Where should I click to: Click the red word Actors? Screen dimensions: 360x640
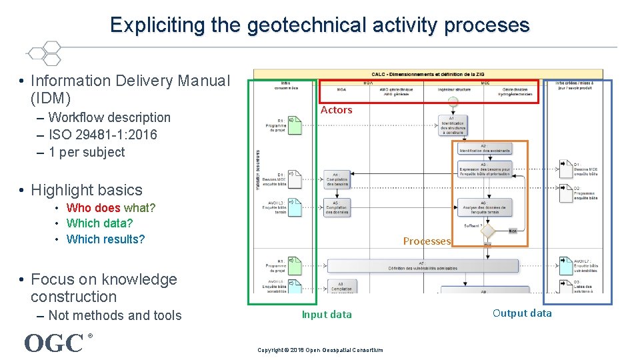coord(336,110)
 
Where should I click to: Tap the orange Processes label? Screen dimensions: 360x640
coord(427,241)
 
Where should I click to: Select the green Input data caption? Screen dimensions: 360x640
coord(327,315)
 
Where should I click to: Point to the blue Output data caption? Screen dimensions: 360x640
coord(522,313)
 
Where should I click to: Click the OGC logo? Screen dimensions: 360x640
coord(54,343)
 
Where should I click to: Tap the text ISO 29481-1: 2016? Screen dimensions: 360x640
coord(103,135)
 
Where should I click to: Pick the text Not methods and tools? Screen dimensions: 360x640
coord(115,315)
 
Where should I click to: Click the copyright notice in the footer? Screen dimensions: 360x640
coord(320,350)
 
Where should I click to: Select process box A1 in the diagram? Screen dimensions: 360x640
coord(453,125)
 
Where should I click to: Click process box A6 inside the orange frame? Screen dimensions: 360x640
coord(485,208)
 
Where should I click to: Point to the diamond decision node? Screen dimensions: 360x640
coord(488,231)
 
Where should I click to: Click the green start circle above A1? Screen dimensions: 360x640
coord(453,102)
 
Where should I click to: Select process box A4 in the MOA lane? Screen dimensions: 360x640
coord(336,179)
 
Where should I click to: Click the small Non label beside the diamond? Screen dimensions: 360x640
coord(512,231)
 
